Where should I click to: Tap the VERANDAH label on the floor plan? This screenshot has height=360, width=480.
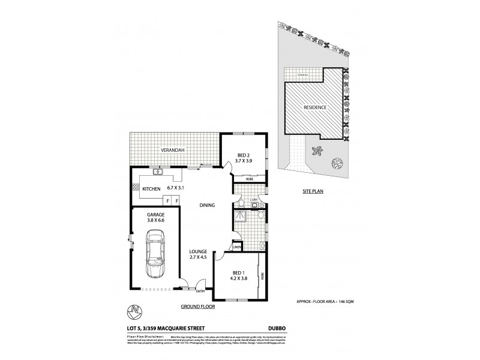coord(171,151)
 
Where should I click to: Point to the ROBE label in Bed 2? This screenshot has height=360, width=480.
coord(248,179)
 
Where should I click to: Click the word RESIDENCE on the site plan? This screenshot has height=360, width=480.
coord(314,107)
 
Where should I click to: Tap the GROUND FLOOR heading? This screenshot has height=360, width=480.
coord(198,306)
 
